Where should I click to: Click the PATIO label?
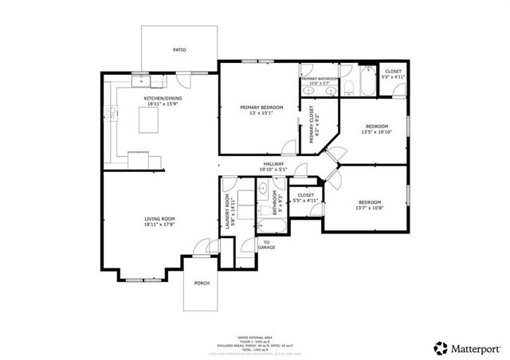click(x=179, y=49)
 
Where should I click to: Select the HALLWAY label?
click(x=274, y=164)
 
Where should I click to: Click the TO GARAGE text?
click(x=266, y=245)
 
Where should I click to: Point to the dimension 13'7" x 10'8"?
click(x=369, y=208)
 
